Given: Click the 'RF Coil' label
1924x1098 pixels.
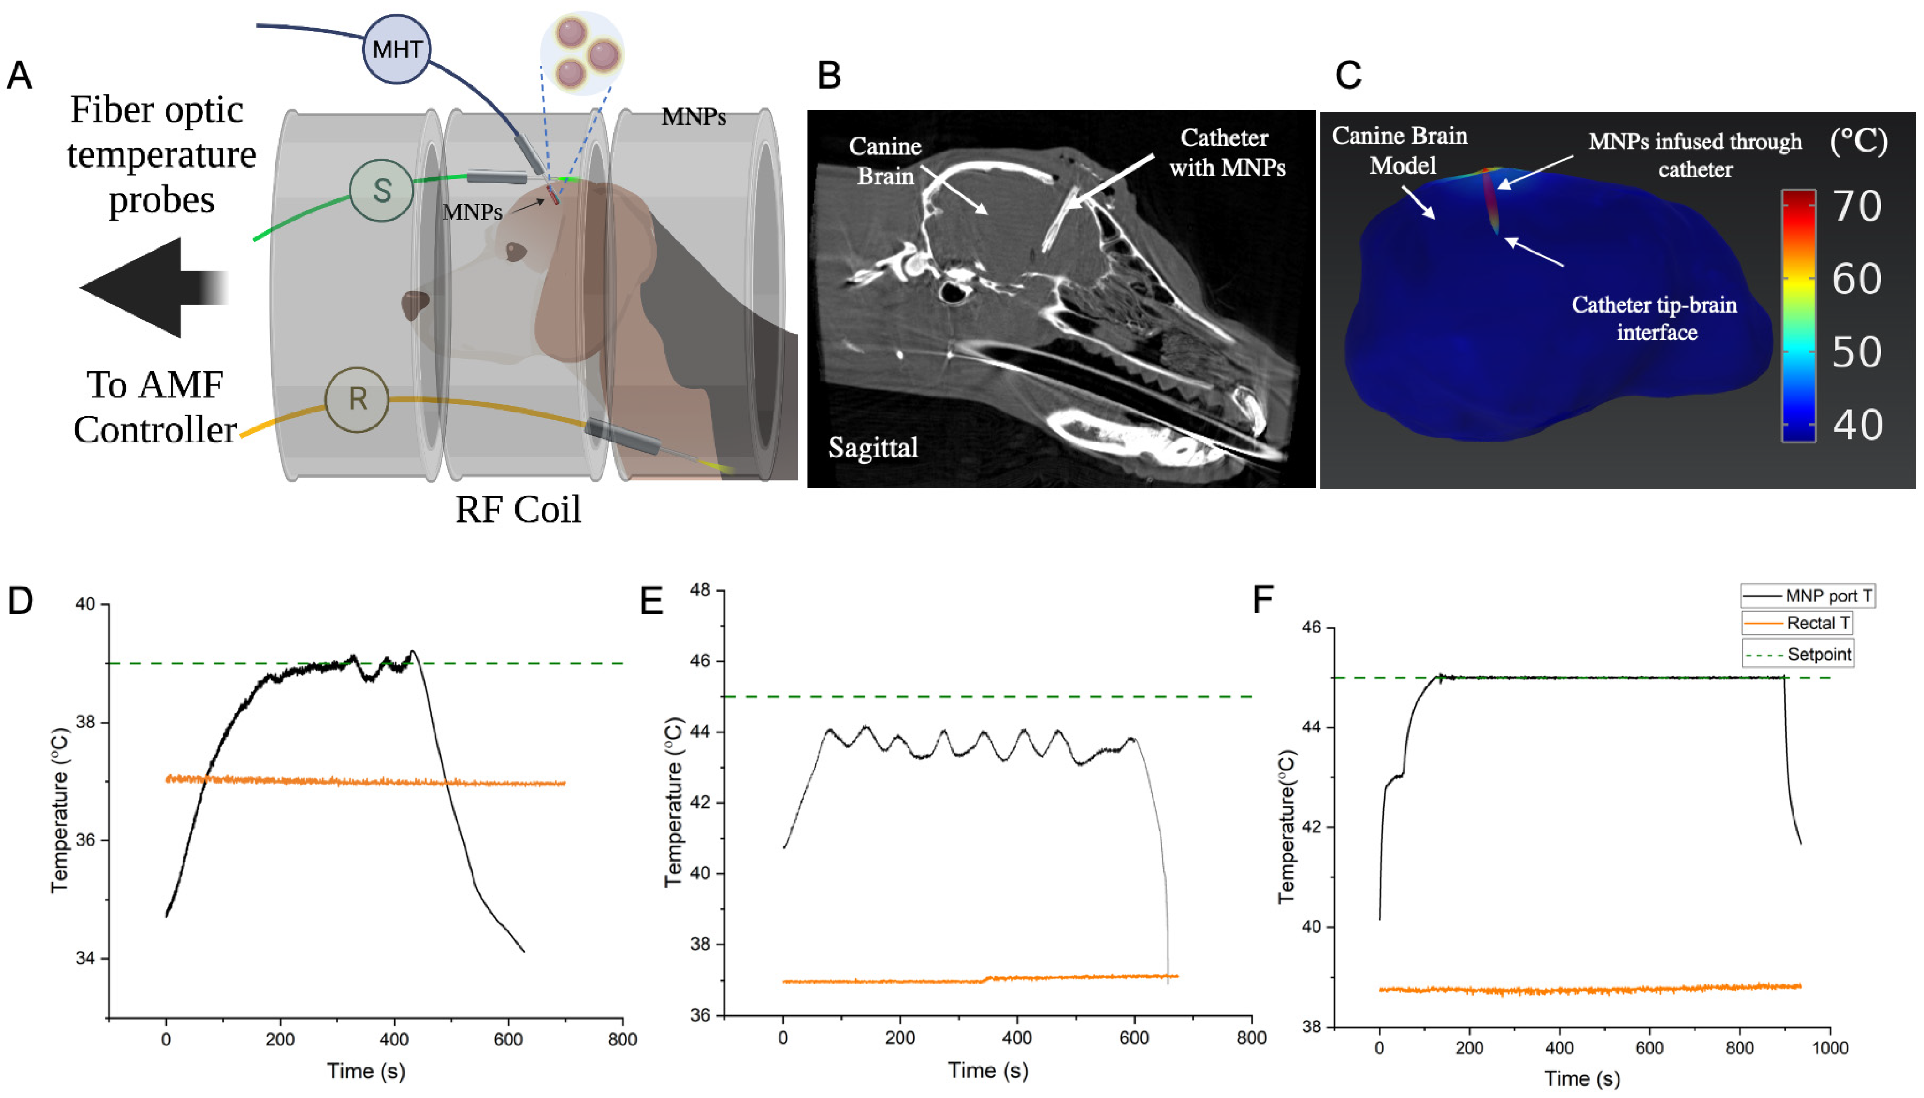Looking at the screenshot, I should (518, 510).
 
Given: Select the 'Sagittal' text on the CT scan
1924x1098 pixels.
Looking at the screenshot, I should (873, 448).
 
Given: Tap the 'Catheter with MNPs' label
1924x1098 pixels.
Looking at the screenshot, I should (1226, 153).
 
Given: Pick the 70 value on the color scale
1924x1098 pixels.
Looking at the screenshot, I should (1857, 206).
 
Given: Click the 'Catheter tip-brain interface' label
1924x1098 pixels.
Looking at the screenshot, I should (1654, 318).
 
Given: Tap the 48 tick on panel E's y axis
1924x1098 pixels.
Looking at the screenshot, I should (701, 590).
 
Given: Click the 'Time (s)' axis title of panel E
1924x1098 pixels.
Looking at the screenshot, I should (988, 1071).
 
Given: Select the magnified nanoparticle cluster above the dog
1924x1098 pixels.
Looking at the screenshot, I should (581, 53).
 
